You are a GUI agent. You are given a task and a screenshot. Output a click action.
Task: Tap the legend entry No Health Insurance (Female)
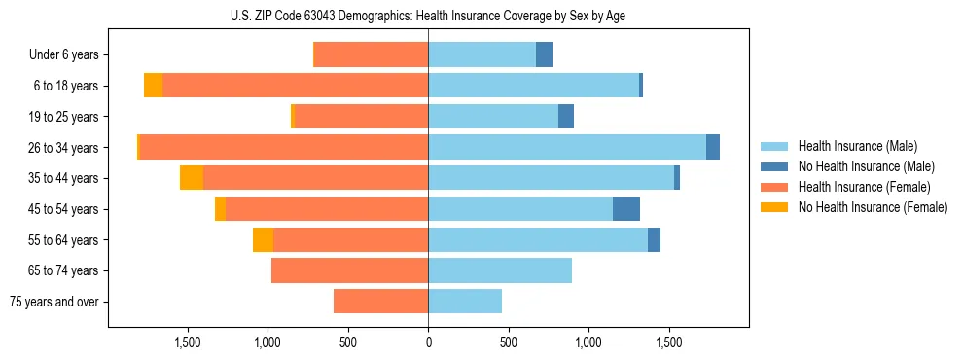click(873, 207)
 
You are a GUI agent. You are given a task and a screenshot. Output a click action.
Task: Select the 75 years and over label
click(54, 302)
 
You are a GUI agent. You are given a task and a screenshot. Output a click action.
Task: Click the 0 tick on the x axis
click(428, 342)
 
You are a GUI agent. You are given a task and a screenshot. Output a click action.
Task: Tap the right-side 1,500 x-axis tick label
click(669, 342)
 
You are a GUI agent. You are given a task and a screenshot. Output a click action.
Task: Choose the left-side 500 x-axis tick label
click(348, 342)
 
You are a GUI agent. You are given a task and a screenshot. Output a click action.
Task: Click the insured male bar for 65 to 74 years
click(500, 270)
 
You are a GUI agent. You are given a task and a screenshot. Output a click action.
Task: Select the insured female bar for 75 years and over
click(380, 302)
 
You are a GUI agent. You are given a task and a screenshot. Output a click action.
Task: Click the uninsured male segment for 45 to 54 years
click(626, 209)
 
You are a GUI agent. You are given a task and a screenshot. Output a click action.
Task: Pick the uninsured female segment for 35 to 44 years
click(192, 178)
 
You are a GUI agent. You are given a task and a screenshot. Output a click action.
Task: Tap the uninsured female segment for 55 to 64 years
click(263, 240)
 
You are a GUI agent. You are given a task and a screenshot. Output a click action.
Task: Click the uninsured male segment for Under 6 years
click(544, 55)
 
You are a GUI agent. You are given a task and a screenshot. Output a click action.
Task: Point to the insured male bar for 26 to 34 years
click(567, 148)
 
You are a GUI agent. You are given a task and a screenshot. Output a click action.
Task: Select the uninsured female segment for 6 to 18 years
click(153, 86)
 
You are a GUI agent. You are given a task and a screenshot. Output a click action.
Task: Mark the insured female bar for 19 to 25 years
click(361, 117)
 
